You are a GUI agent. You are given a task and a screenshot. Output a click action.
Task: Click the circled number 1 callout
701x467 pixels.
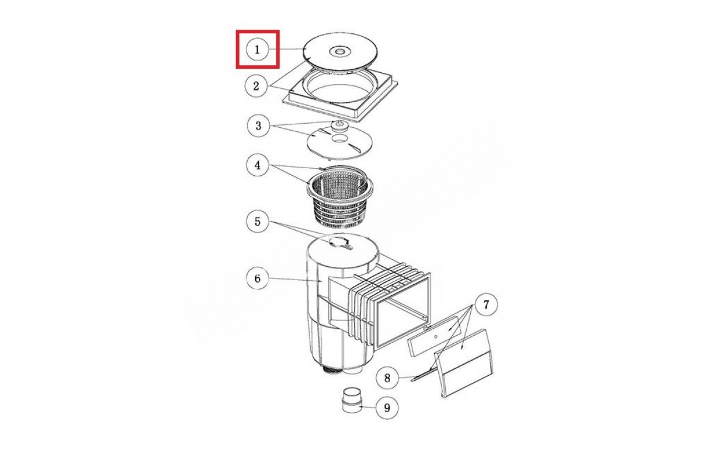pyautogui.click(x=257, y=50)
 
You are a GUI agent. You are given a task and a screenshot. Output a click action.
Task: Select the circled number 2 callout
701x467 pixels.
pyautogui.click(x=256, y=86)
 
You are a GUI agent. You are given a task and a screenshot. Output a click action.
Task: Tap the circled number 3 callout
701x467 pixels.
pyautogui.click(x=258, y=126)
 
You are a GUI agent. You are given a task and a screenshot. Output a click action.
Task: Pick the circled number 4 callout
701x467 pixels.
pyautogui.click(x=258, y=165)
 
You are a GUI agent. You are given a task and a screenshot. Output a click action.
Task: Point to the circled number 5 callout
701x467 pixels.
pyautogui.click(x=258, y=221)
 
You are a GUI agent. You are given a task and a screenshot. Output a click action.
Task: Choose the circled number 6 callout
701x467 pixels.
pyautogui.click(x=258, y=278)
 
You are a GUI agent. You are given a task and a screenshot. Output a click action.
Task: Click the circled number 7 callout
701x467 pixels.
pyautogui.click(x=486, y=304)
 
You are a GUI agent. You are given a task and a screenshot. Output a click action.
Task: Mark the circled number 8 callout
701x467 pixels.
pyautogui.click(x=387, y=378)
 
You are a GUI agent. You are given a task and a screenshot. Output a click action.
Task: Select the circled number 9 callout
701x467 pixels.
pyautogui.click(x=387, y=407)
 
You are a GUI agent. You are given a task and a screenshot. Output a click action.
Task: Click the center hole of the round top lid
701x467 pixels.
pyautogui.click(x=339, y=51)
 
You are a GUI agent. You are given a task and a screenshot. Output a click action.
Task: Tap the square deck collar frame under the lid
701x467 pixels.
pyautogui.click(x=340, y=97)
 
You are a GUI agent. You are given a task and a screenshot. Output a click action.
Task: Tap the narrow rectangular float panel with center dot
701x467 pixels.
pyautogui.click(x=435, y=336)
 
